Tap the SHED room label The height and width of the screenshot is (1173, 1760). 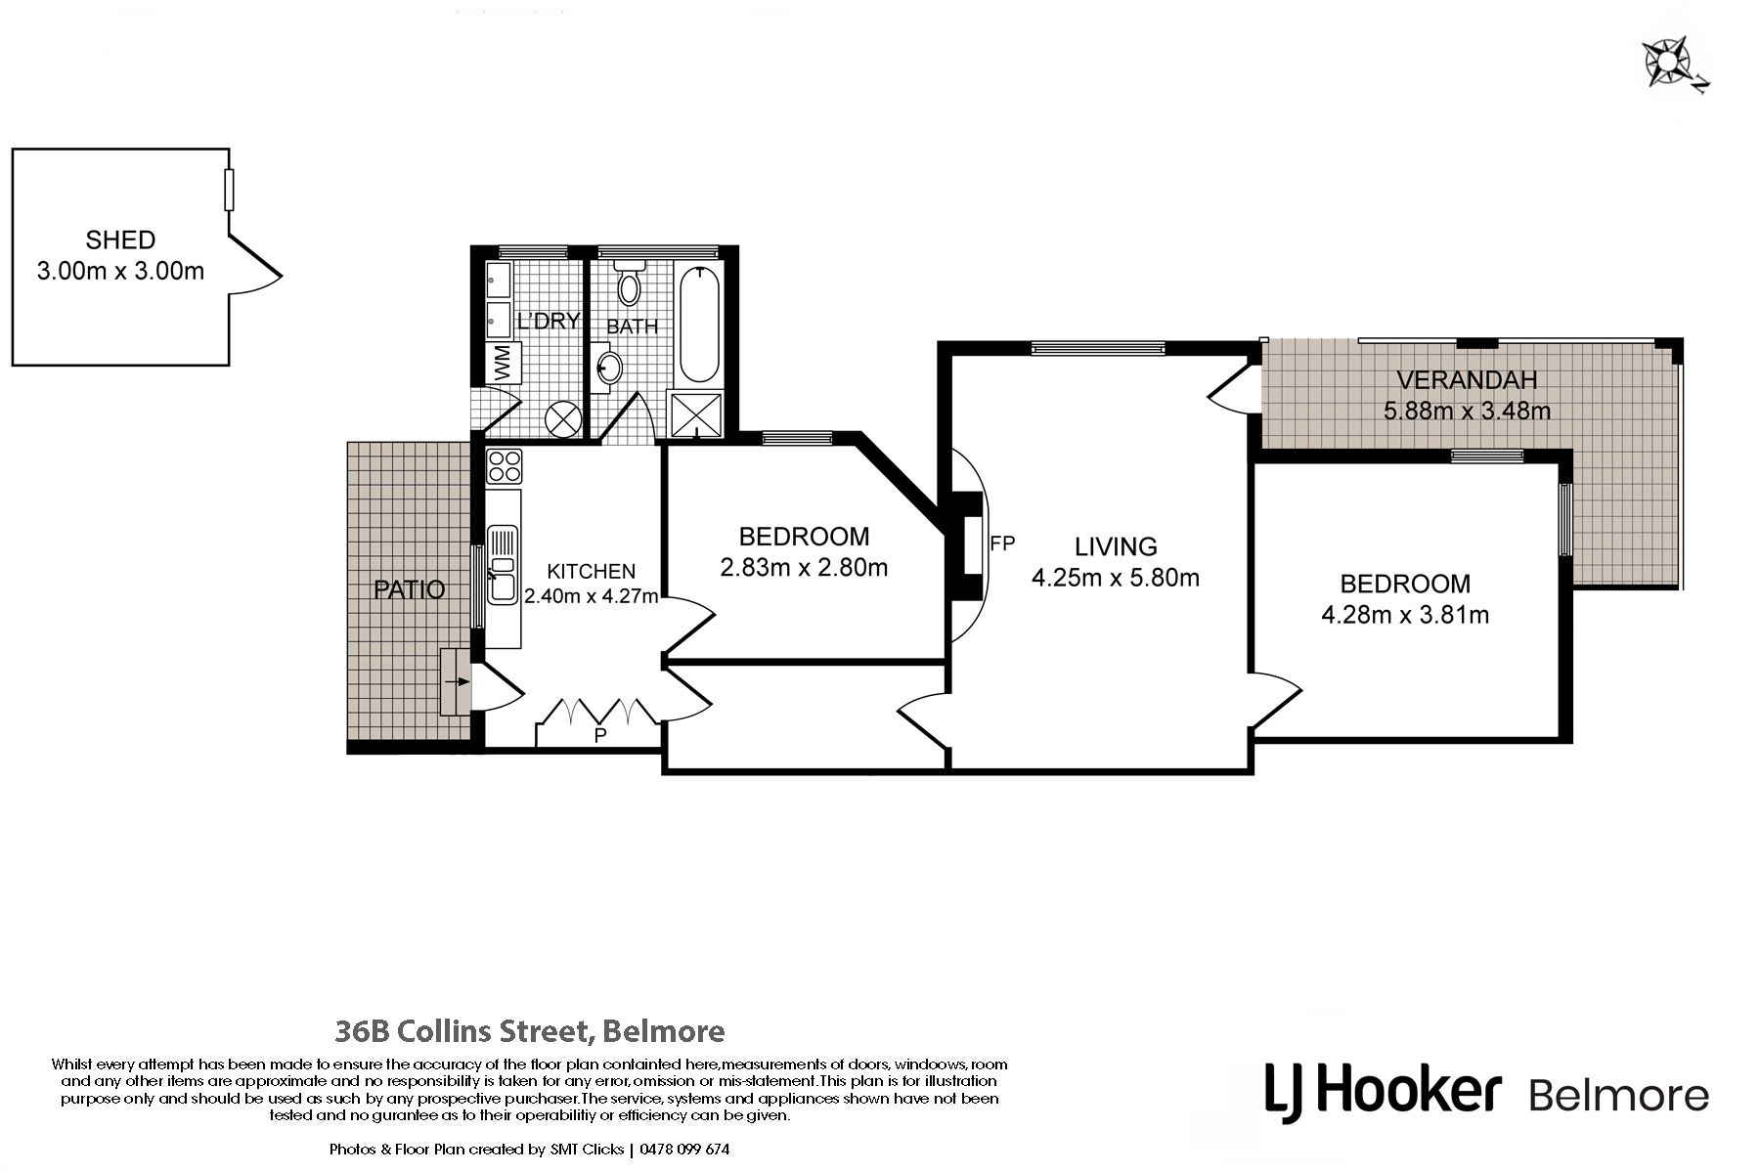120,239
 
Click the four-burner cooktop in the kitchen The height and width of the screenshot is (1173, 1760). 504,465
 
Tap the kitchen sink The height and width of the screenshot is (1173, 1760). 503,564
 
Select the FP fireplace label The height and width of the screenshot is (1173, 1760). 1002,543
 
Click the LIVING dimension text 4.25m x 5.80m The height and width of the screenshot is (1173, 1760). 1116,578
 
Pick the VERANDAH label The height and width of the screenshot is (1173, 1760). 1467,380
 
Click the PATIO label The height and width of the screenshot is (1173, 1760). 410,589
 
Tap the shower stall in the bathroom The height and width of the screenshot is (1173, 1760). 695,414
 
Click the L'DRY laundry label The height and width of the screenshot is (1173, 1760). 549,321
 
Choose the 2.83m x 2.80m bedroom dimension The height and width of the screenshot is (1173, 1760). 804,567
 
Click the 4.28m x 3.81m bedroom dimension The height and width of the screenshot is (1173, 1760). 1405,615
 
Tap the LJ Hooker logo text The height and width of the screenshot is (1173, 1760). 1383,1091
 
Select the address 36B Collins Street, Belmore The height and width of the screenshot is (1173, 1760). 530,1031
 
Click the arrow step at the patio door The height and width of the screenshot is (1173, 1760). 457,681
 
